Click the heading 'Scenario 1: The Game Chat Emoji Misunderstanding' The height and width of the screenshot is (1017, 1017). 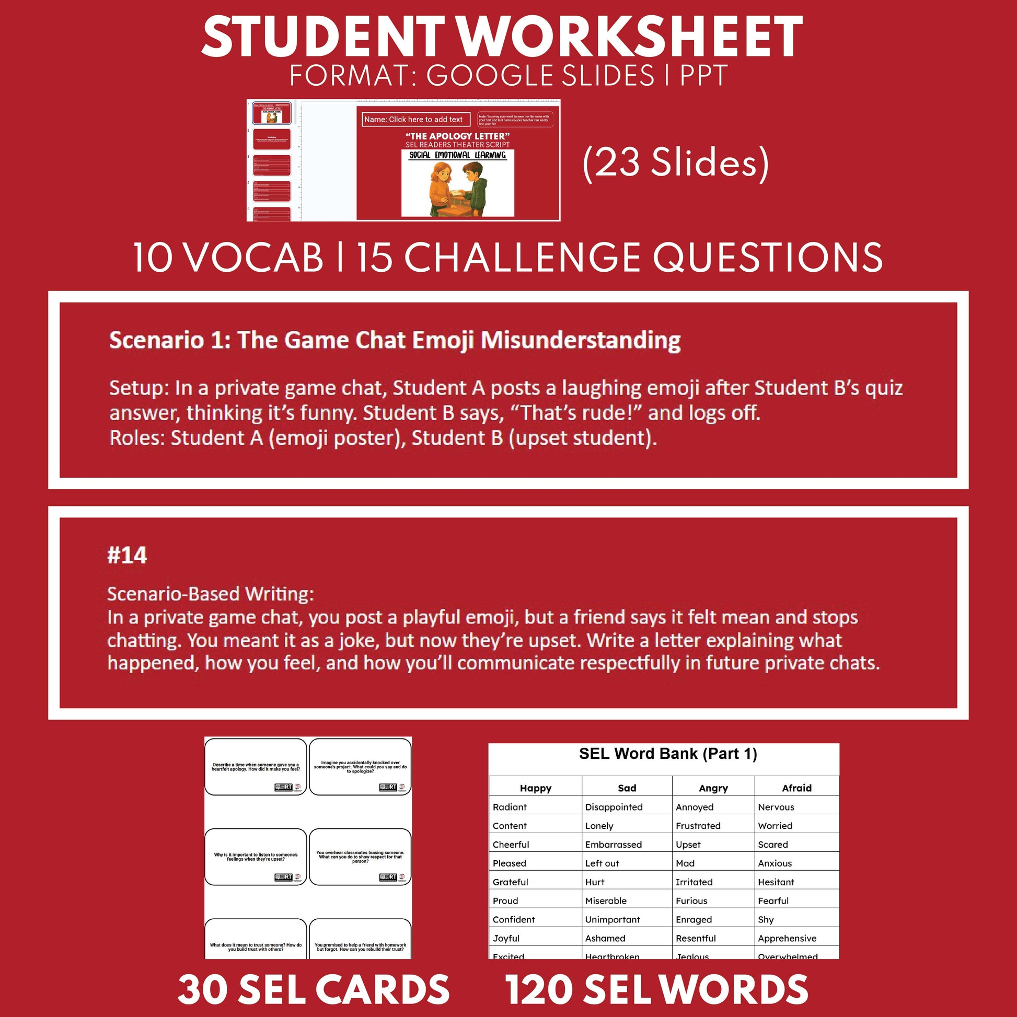click(x=395, y=340)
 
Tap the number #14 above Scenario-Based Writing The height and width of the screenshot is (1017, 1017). click(x=127, y=556)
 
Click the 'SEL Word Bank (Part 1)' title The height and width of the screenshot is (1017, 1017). click(x=667, y=754)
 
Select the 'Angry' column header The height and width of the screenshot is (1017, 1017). click(x=713, y=788)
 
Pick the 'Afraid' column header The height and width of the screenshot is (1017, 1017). click(x=796, y=788)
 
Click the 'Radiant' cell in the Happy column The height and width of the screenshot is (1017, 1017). click(x=510, y=807)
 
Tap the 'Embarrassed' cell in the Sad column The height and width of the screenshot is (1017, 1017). click(x=613, y=845)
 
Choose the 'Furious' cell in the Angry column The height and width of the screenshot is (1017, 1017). click(x=691, y=900)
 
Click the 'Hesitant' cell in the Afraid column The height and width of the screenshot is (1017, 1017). click(x=776, y=882)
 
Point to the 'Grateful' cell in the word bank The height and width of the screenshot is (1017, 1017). click(x=510, y=882)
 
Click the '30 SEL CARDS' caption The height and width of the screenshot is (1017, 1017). click(x=314, y=989)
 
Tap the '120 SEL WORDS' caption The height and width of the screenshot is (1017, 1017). click(x=656, y=989)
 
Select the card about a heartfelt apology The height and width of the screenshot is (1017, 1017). click(x=256, y=767)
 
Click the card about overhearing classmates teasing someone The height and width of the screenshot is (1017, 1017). click(x=360, y=857)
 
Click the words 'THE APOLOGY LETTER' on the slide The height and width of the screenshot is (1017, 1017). click(x=457, y=136)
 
